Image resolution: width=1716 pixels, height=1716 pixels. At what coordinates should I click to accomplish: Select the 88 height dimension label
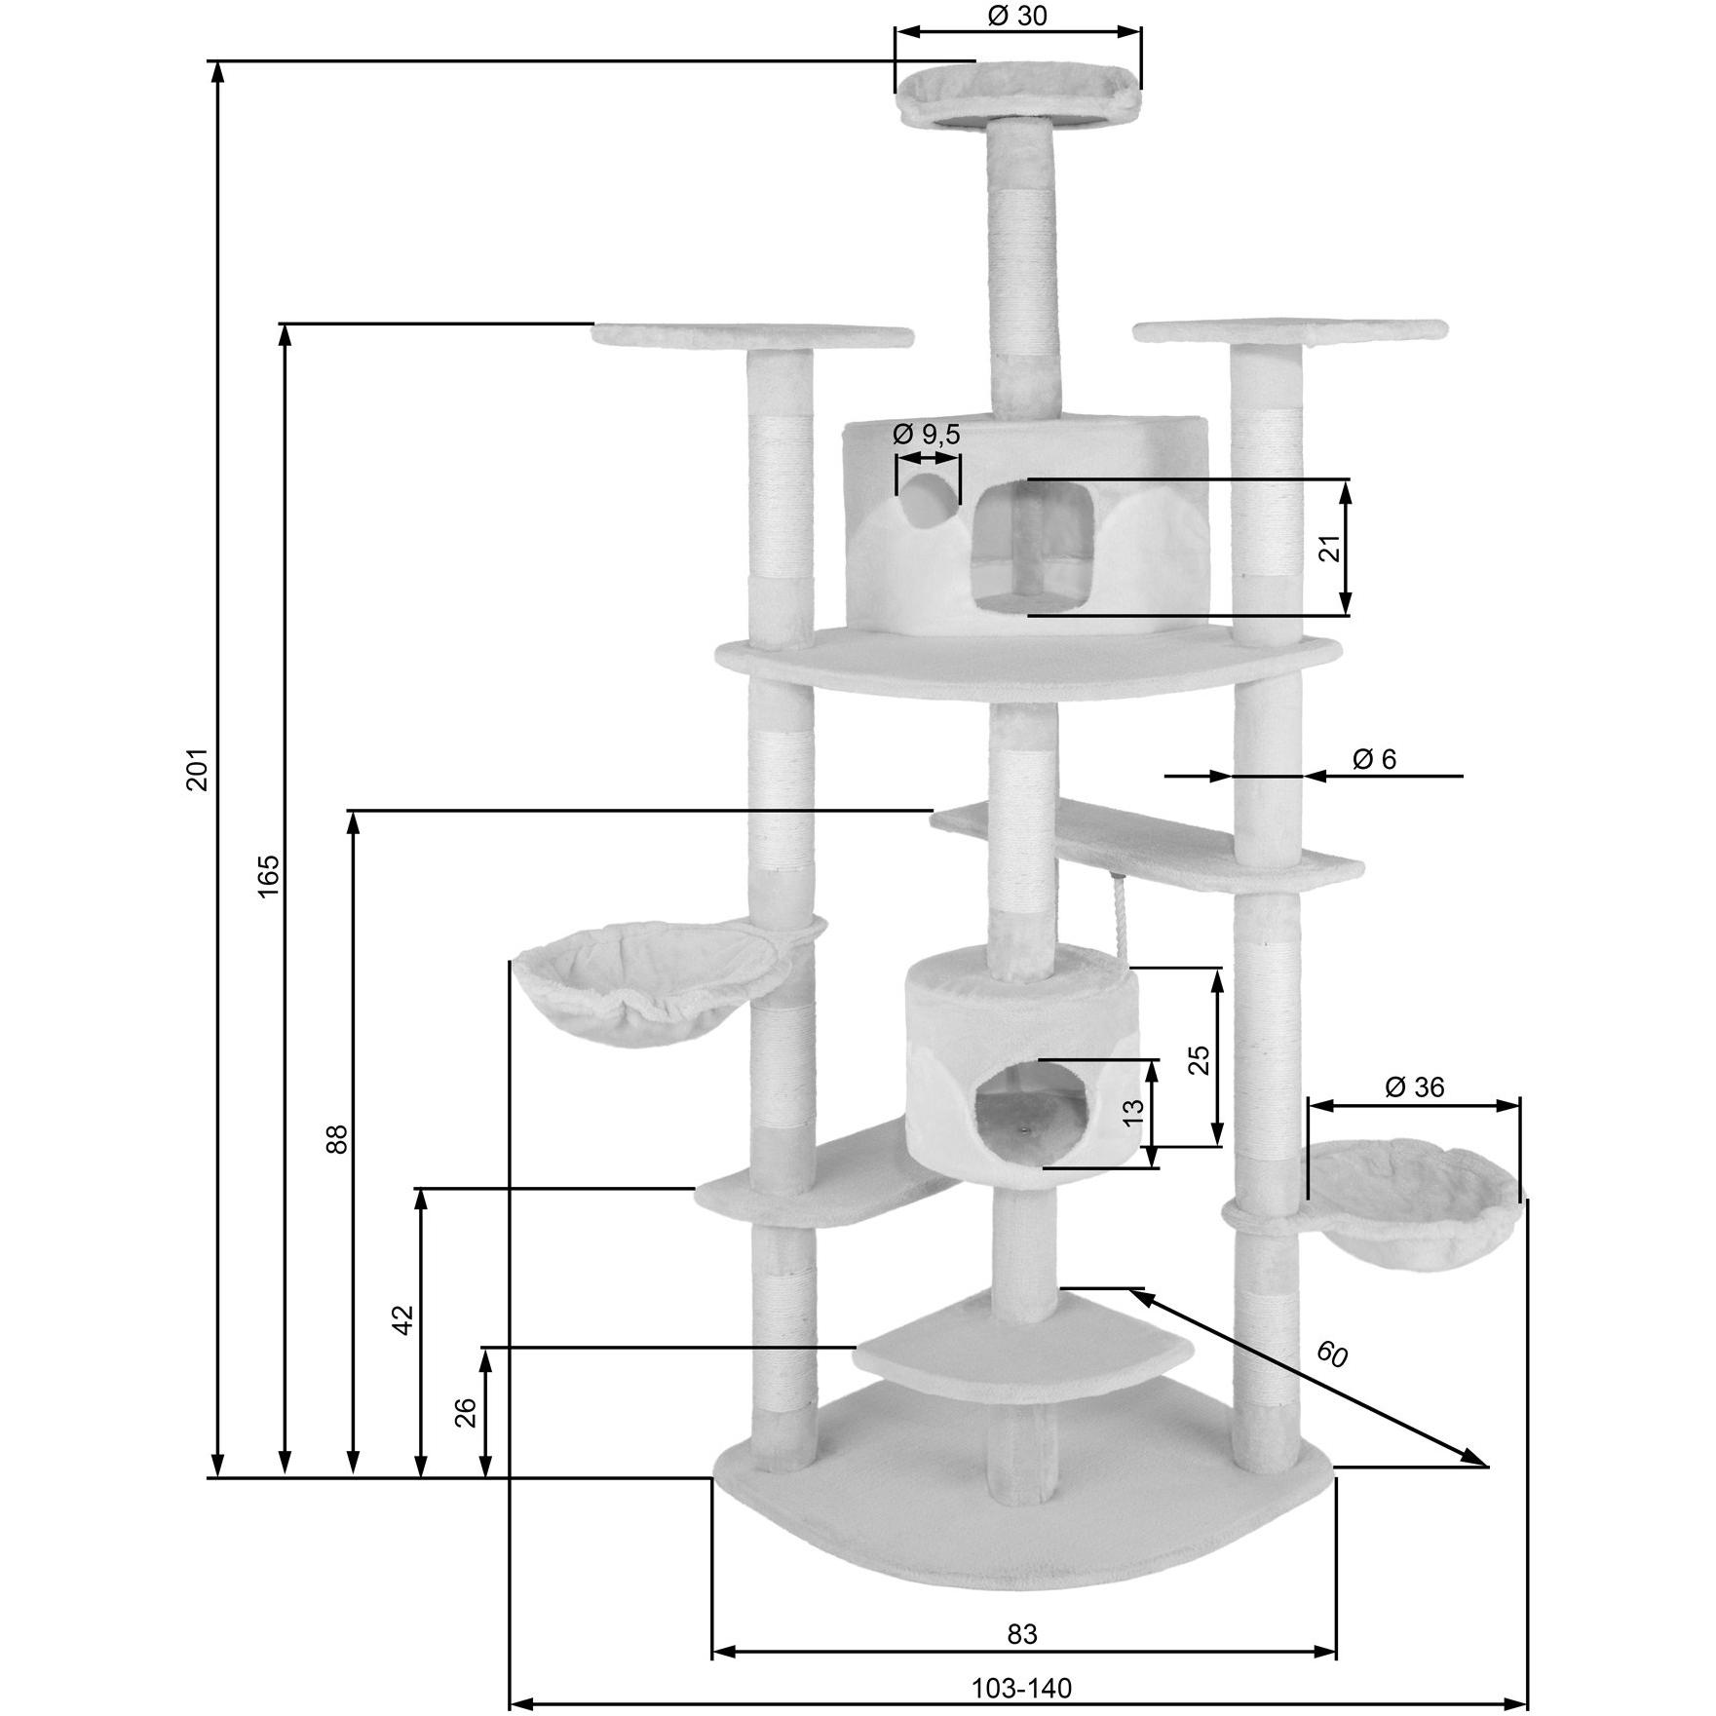(x=336, y=1139)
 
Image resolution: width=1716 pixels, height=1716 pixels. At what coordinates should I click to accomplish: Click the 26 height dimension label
(x=467, y=1412)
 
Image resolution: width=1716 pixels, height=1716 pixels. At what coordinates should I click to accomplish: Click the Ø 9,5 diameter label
(x=927, y=434)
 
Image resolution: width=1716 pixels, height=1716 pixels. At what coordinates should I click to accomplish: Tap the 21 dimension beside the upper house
(x=1330, y=549)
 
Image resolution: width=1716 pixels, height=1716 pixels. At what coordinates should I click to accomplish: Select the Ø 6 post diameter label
(x=1375, y=758)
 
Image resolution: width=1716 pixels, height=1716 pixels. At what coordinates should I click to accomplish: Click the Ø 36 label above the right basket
(x=1414, y=1087)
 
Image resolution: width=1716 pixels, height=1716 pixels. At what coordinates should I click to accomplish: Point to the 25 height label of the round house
(x=1201, y=1059)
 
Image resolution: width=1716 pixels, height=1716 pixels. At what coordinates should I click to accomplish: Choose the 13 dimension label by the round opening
(x=1133, y=1113)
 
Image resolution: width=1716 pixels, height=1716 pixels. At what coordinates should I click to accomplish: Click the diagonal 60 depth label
(x=1331, y=1354)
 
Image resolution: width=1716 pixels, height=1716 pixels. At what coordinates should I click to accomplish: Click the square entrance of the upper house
(x=1036, y=547)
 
